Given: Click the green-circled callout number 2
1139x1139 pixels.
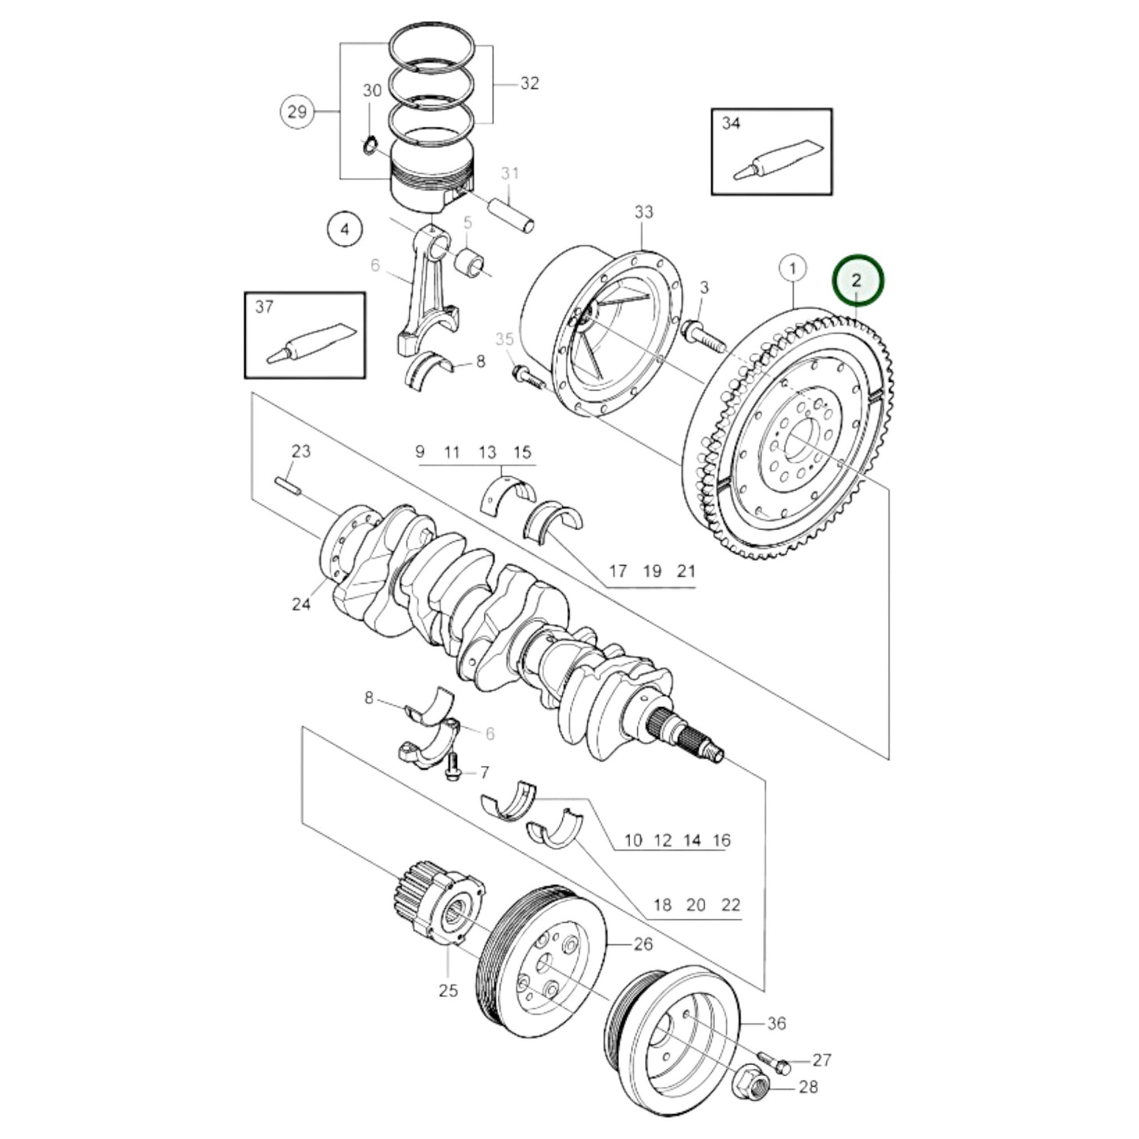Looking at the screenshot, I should pos(858,281).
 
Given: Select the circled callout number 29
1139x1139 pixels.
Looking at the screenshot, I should pos(296,111).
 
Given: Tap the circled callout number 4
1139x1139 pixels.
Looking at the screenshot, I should pos(344,229).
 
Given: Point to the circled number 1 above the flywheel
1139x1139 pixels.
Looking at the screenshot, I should pos(793,269).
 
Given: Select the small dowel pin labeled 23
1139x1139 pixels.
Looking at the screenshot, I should pos(287,486).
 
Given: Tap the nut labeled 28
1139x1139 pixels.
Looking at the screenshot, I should pos(752,1087).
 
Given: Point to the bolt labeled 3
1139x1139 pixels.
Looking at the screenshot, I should pos(703,333).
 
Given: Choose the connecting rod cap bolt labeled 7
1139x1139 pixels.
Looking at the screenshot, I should pos(452,767).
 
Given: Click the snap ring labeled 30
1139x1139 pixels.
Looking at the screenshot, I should pos(369,146).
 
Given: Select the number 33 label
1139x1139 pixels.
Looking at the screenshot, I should pos(643,212).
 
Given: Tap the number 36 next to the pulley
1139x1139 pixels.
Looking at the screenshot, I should pos(776,1023).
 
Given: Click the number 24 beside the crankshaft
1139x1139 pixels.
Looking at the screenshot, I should pos(301,604).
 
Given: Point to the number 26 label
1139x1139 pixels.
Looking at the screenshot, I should pos(643,944).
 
